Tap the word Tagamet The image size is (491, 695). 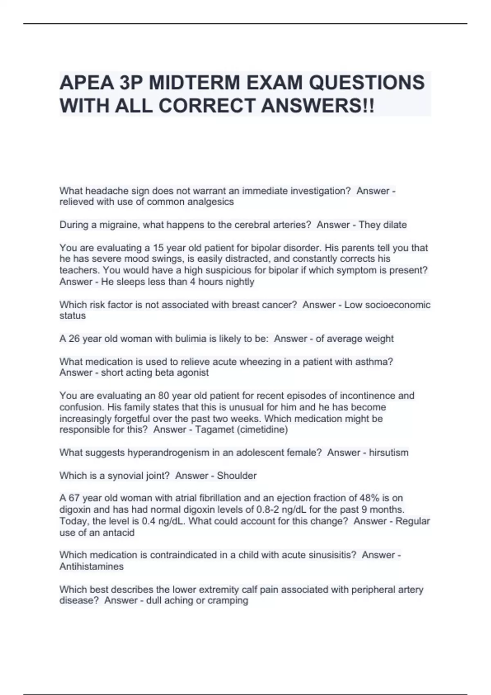[x=213, y=429]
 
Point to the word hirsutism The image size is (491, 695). [x=388, y=453]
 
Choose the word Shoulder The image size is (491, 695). [x=236, y=475]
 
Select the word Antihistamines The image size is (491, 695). [x=91, y=566]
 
